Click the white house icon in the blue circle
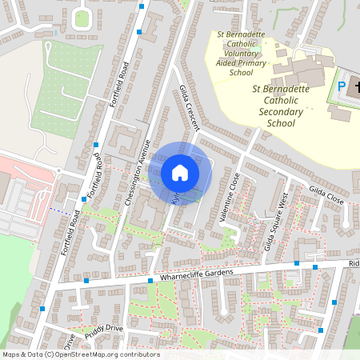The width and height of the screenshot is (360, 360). tap(180, 172)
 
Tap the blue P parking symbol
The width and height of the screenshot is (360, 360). tap(342, 86)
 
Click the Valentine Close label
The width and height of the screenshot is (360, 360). tap(229, 195)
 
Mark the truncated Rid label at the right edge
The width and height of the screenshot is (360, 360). tap(354, 263)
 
